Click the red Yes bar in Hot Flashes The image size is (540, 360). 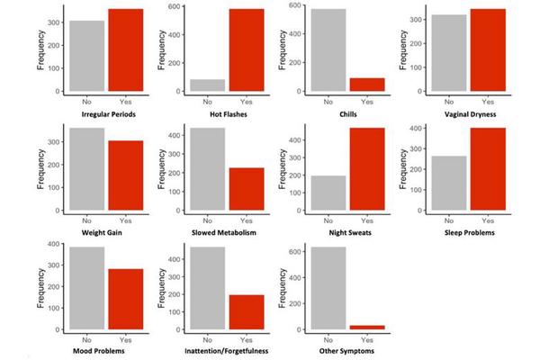246,50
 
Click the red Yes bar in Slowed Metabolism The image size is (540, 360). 246,189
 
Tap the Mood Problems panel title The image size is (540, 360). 105,352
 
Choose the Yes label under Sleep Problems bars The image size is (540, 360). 487,220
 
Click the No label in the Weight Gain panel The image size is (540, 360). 87,220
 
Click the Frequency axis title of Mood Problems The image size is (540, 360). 41,288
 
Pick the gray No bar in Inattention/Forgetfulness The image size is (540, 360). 207,288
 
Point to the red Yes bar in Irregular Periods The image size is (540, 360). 124,50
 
